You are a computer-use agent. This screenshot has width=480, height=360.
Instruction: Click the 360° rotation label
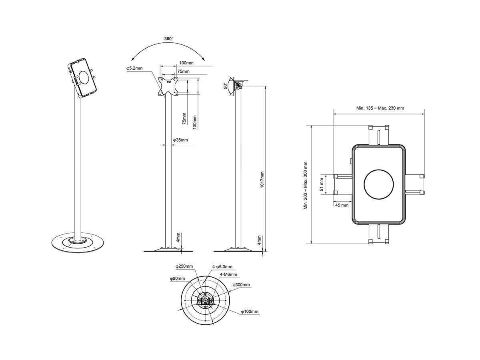[x=168, y=39]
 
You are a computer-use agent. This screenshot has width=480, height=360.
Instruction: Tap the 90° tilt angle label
[x=225, y=86]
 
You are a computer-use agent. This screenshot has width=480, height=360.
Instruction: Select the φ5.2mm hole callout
[x=134, y=69]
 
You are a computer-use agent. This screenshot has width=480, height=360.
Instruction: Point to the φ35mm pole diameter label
[x=180, y=140]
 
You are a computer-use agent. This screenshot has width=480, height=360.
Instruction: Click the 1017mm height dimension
[x=262, y=180]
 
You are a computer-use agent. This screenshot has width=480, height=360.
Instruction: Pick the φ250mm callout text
[x=184, y=266]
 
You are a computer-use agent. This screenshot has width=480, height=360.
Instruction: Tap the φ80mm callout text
[x=177, y=278]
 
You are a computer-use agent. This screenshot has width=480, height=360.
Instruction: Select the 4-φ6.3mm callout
[x=222, y=266]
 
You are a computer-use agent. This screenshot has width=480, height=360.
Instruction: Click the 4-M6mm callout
[x=229, y=274]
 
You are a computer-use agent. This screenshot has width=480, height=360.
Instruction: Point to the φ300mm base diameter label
[x=241, y=285]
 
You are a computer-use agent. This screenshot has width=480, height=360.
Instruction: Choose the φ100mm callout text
[x=250, y=311]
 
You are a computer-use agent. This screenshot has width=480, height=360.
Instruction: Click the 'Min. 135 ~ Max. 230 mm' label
[x=380, y=108]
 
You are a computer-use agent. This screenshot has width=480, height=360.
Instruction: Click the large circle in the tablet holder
[x=379, y=184]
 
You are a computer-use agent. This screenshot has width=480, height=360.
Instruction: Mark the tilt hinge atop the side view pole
[x=239, y=85]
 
